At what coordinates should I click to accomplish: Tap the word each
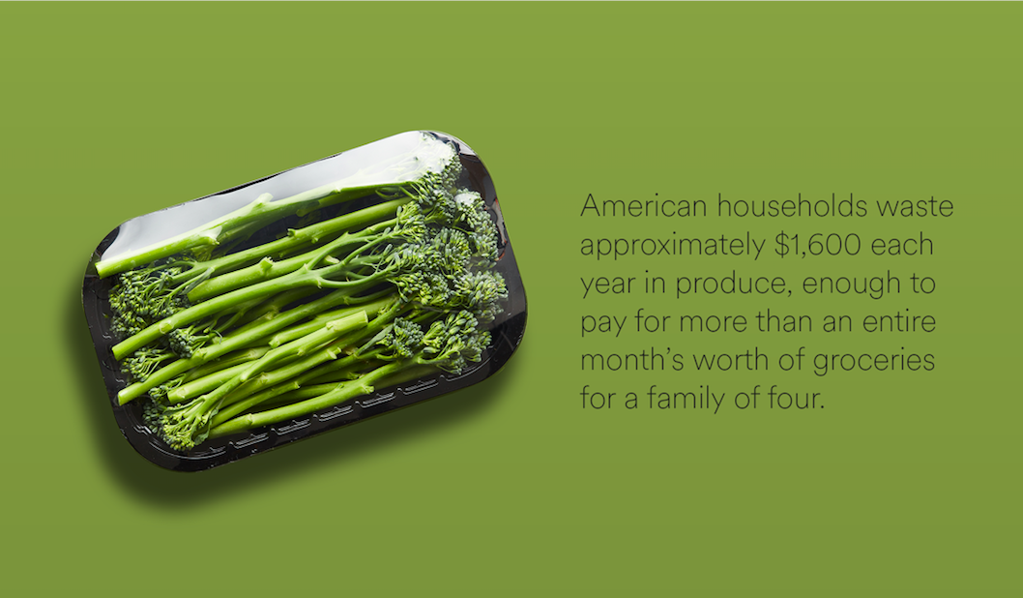coord(901,245)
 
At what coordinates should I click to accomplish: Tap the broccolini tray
coord(304,301)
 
